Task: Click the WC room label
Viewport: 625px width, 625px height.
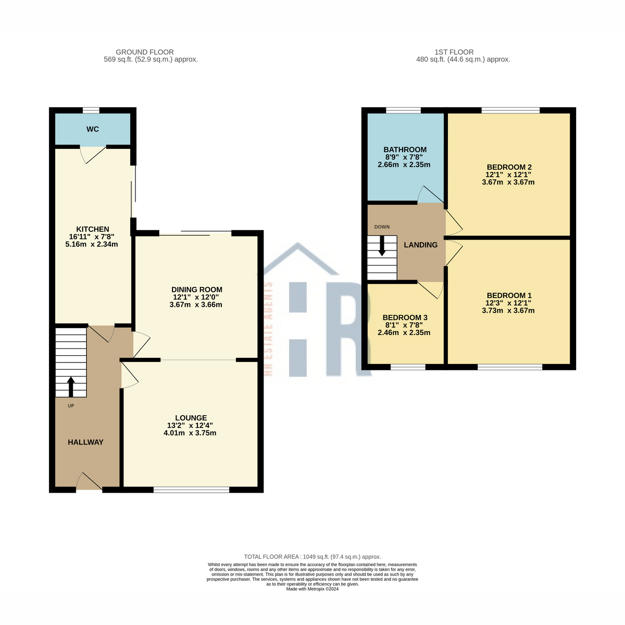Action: [x=92, y=129]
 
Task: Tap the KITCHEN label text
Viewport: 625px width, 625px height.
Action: [x=92, y=229]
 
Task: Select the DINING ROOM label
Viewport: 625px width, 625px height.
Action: [x=196, y=290]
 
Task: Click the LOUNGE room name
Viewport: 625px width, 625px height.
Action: [x=191, y=418]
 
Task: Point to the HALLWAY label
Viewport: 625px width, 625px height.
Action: [x=85, y=442]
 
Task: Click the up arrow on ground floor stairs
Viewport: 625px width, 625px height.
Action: [x=71, y=386]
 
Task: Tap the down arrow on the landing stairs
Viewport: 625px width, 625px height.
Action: [x=382, y=245]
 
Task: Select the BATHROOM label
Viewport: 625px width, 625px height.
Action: [x=405, y=149]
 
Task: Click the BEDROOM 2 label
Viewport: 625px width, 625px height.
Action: [x=509, y=167]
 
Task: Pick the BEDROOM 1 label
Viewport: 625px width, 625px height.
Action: [x=509, y=295]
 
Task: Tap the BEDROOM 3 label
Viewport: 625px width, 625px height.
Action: [x=405, y=318]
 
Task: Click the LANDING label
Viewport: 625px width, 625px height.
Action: [x=420, y=245]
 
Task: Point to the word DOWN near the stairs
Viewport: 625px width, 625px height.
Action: [x=382, y=227]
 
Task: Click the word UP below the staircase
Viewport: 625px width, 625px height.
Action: [x=71, y=406]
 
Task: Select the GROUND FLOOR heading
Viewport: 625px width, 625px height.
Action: [x=145, y=52]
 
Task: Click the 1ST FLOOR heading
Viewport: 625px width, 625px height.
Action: [x=454, y=52]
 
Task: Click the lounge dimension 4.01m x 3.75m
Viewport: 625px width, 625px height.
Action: [x=190, y=433]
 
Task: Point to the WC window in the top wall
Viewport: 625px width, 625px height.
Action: [x=91, y=110]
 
